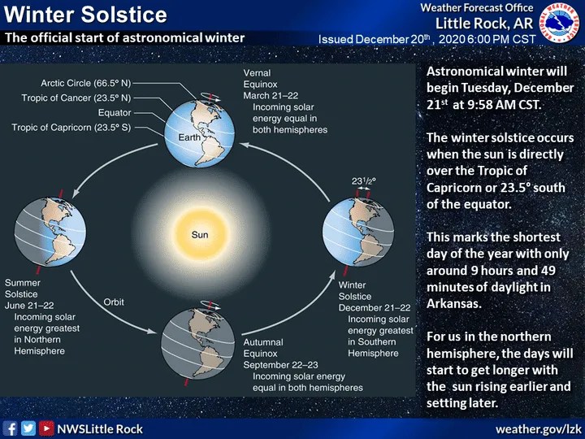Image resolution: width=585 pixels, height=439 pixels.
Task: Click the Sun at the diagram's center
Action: click(x=199, y=234)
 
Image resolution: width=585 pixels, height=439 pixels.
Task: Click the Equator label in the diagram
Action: click(x=114, y=113)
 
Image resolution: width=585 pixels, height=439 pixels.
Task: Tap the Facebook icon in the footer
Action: click(x=11, y=428)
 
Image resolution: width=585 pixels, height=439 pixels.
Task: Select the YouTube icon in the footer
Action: click(x=46, y=428)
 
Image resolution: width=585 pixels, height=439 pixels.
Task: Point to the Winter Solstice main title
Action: click(x=86, y=15)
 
